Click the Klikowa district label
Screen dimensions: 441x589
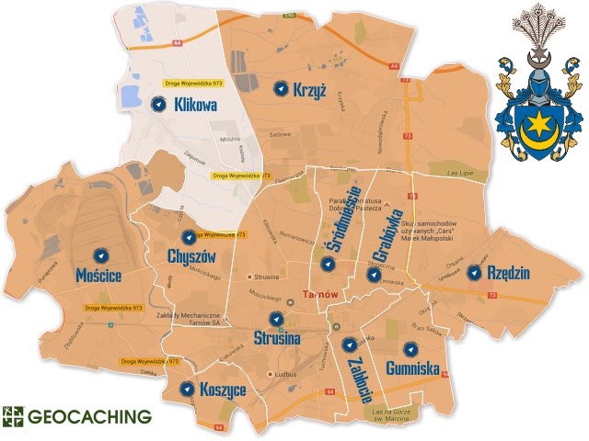point(194,106)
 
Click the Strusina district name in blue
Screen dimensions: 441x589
point(276,338)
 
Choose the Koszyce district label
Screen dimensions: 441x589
point(221,390)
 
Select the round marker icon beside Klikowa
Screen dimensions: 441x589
point(158,105)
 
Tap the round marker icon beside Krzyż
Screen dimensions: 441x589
point(282,88)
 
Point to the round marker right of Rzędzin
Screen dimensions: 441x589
point(474,273)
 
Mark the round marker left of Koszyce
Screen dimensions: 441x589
point(187,390)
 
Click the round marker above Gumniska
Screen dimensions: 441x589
point(410,349)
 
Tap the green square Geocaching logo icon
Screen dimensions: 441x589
point(13,416)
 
